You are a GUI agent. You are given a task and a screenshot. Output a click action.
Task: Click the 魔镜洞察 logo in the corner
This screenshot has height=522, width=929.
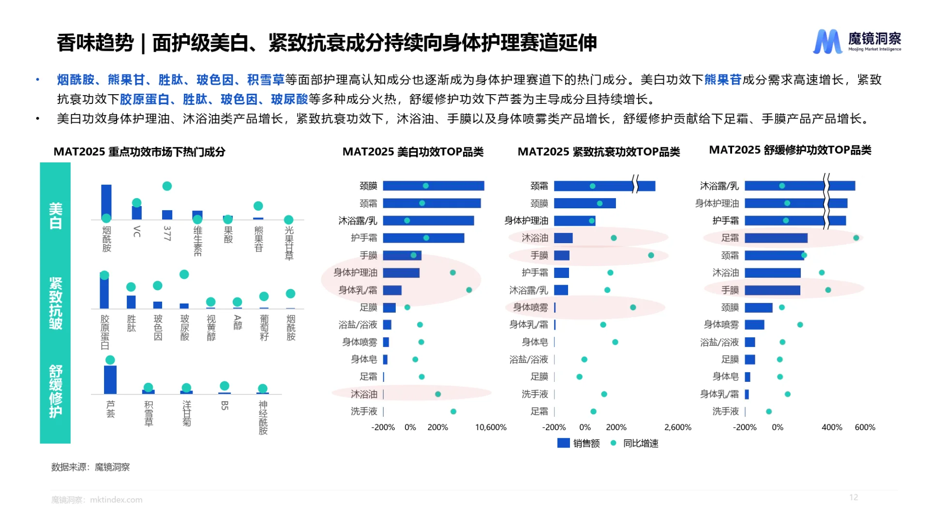[856, 42]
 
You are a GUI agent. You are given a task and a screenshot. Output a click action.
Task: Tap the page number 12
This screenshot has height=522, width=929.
[854, 497]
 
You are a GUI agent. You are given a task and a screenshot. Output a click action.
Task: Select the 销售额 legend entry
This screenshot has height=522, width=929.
[578, 443]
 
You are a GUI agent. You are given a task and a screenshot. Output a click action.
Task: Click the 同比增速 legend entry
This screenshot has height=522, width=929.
[635, 443]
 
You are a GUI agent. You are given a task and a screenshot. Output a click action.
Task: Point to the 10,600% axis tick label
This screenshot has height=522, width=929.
[491, 427]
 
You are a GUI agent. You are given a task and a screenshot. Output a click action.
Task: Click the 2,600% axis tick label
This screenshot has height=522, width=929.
[677, 427]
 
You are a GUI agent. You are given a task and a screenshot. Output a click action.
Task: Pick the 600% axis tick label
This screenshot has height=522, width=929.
[865, 427]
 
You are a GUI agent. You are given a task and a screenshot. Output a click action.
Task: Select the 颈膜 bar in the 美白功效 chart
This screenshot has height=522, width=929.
[433, 186]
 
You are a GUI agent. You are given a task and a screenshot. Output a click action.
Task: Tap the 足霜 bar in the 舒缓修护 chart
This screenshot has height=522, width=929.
[776, 238]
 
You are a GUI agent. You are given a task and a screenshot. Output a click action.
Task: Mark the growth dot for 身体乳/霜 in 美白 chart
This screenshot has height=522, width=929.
[469, 290]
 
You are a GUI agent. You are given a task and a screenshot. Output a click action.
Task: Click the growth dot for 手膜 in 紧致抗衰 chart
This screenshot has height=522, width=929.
[651, 255]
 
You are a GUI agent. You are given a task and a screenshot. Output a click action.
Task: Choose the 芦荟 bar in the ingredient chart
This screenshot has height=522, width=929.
[110, 380]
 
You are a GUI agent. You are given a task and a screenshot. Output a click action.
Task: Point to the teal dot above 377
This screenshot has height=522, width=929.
[167, 186]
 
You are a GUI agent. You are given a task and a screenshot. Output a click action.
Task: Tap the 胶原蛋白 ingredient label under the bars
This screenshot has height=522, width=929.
[105, 332]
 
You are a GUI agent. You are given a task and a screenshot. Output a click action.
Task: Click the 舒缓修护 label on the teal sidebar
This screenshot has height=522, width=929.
[56, 391]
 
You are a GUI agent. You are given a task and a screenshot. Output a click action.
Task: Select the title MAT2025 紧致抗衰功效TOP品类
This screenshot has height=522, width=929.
[599, 152]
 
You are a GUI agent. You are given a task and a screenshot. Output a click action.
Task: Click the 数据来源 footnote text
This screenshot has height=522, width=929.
[90, 467]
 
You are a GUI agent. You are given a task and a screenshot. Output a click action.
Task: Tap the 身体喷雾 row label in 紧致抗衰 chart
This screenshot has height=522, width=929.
[530, 307]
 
